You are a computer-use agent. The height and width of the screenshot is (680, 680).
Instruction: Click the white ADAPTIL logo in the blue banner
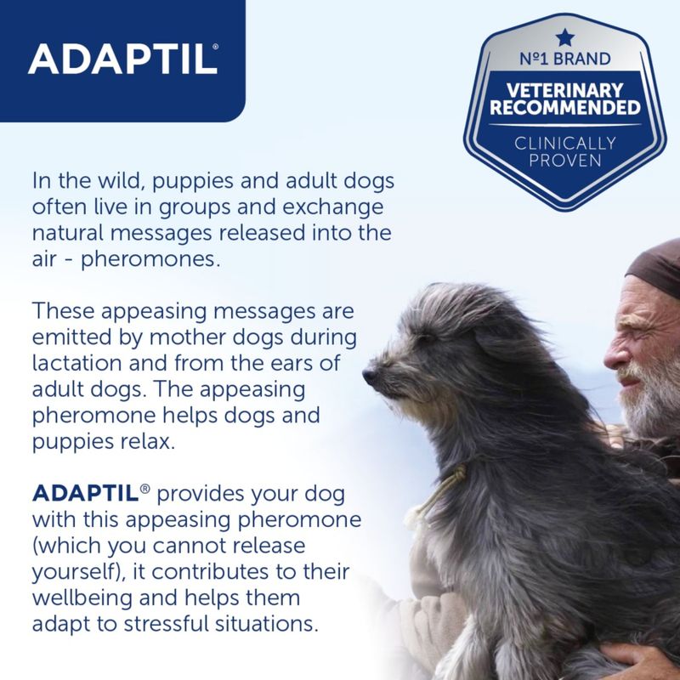(x=122, y=59)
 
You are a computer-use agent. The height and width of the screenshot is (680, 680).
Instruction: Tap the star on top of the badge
(x=564, y=37)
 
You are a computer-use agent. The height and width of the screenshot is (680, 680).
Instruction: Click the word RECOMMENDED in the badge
(x=564, y=108)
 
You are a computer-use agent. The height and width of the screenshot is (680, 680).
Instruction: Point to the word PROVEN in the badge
(x=564, y=160)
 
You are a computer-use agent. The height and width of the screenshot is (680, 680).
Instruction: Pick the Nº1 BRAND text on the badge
(x=564, y=59)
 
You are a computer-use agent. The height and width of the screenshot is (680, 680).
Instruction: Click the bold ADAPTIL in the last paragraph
(x=82, y=494)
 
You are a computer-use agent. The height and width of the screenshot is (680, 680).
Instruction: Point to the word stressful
(x=169, y=623)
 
